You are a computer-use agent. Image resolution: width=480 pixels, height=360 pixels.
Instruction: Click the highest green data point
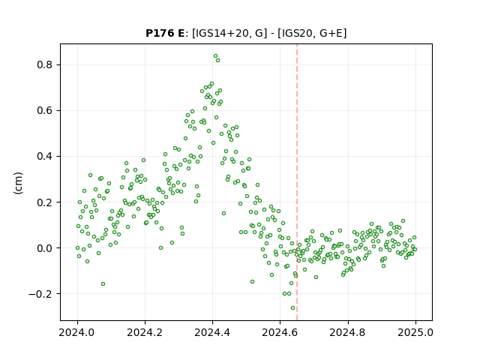pyautogui.click(x=215, y=56)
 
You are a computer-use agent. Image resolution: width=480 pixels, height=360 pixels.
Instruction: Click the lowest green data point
pyautogui.click(x=292, y=308)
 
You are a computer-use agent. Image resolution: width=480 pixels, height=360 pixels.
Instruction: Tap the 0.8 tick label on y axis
pyautogui.click(x=44, y=65)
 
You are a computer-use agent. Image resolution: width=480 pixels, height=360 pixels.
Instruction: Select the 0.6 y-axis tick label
pyautogui.click(x=44, y=110)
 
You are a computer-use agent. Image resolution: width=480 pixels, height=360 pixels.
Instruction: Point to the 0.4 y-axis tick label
pyautogui.click(x=44, y=157)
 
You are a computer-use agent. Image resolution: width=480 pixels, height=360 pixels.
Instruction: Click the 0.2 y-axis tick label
pyautogui.click(x=44, y=202)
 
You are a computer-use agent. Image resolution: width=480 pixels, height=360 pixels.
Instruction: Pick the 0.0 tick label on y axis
pyautogui.click(x=44, y=248)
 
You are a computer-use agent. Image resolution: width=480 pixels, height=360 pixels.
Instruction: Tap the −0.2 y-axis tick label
pyautogui.click(x=40, y=294)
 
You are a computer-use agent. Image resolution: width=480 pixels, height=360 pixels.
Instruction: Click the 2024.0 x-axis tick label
pyautogui.click(x=77, y=332)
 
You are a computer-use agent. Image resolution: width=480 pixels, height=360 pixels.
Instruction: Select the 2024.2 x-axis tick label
pyautogui.click(x=145, y=332)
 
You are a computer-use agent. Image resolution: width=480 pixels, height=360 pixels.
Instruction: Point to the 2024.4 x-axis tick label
pyautogui.click(x=212, y=332)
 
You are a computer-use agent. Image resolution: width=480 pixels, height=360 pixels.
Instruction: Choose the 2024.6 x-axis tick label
pyautogui.click(x=280, y=332)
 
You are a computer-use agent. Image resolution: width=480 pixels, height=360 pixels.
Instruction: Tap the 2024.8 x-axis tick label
pyautogui.click(x=348, y=332)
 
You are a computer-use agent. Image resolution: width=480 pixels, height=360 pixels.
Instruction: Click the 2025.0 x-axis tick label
pyautogui.click(x=415, y=332)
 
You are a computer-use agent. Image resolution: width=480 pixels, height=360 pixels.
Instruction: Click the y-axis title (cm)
pyautogui.click(x=18, y=183)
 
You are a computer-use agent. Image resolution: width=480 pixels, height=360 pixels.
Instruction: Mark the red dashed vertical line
pyautogui.click(x=297, y=182)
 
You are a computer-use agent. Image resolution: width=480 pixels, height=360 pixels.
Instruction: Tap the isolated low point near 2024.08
pyautogui.click(x=103, y=283)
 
